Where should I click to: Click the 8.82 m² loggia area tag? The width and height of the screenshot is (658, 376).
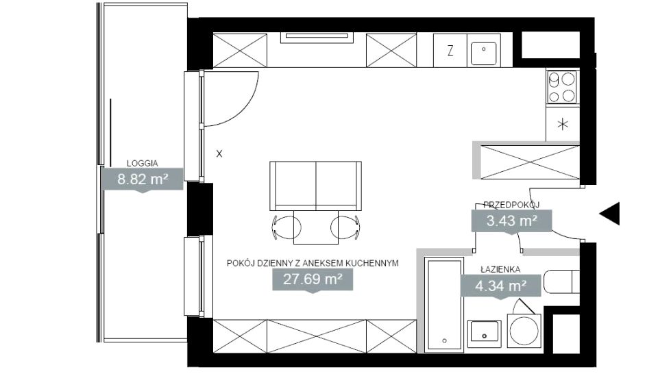143,179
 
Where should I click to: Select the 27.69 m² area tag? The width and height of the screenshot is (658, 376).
313,279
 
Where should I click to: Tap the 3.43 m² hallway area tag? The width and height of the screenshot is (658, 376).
511,221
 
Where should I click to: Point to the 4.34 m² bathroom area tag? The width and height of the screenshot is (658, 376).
500,286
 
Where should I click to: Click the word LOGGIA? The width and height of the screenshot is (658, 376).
143,164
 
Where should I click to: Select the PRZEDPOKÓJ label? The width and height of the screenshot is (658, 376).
511,205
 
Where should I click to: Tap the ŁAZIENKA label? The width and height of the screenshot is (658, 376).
500,269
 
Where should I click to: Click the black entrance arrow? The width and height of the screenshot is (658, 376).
609,214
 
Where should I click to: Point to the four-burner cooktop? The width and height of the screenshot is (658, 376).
562,87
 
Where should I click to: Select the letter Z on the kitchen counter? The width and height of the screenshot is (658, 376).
450,51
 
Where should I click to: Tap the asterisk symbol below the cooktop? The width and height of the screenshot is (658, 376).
562,124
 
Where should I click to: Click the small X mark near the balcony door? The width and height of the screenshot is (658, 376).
219,154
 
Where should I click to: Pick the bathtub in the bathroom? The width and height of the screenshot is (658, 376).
444,305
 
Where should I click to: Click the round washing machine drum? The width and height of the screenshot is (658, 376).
524,330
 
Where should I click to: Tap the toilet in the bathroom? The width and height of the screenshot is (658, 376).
561,281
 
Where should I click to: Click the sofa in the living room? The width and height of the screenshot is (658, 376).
315,186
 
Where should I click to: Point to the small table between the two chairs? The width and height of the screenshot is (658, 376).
315,227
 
